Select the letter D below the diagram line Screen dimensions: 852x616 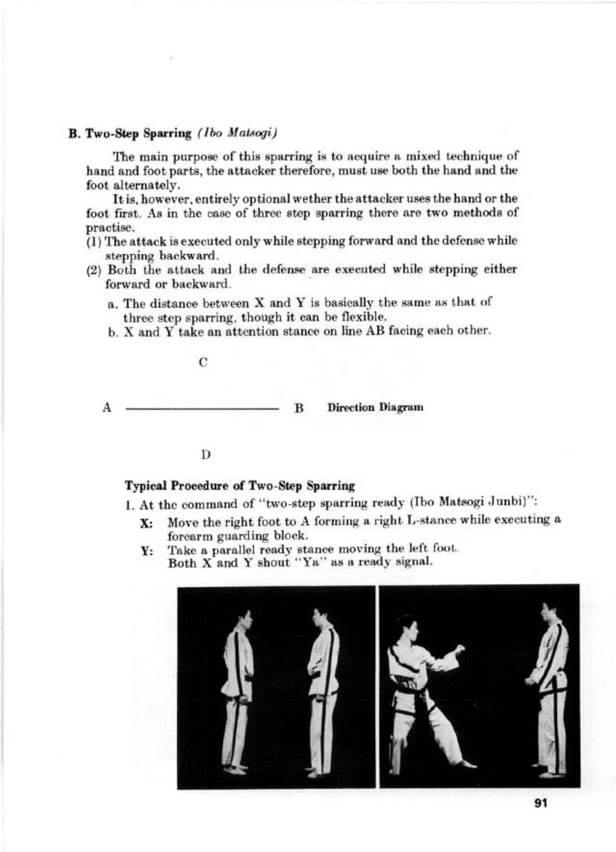coord(205,455)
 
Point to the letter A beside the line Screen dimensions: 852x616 coord(108,408)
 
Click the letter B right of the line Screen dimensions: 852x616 coord(299,408)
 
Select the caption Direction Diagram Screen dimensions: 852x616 coord(375,408)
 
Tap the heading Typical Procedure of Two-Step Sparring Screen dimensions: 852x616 coord(240,486)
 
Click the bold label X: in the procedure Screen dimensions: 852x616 coord(146,523)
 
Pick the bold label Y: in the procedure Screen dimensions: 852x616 coord(146,551)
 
